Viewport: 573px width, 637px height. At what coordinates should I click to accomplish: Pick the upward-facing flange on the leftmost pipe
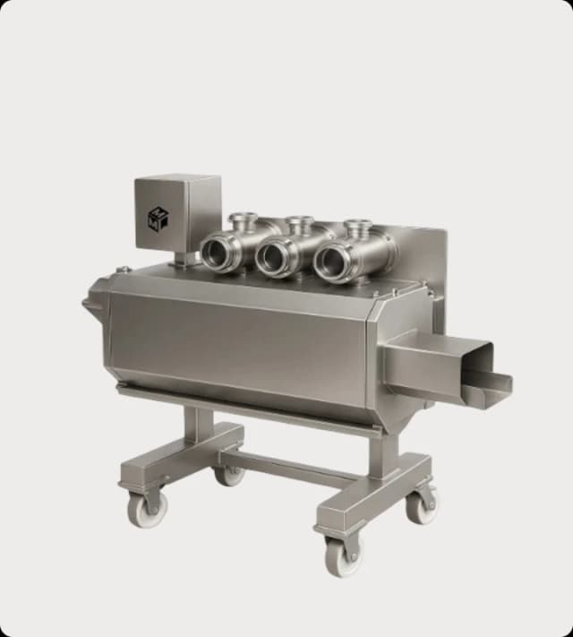coord(243,218)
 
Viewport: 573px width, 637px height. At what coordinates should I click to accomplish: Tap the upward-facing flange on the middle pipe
coord(299,220)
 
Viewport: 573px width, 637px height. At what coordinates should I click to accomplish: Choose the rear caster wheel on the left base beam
coord(229,472)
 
